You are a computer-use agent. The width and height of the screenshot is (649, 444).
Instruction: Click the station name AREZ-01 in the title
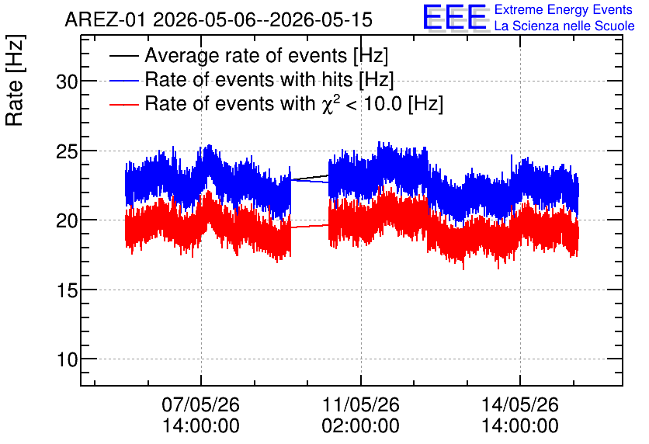click(x=106, y=20)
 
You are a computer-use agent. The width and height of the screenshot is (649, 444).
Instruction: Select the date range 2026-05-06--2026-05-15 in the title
click(x=263, y=20)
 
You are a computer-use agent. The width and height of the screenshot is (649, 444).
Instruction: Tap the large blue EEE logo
click(x=455, y=17)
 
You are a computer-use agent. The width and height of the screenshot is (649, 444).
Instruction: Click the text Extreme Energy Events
click(x=564, y=9)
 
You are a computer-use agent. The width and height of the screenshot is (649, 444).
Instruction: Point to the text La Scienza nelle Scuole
click(x=564, y=26)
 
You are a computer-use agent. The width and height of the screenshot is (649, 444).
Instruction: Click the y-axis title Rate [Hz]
click(x=15, y=80)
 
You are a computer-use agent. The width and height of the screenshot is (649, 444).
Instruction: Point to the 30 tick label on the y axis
click(x=67, y=82)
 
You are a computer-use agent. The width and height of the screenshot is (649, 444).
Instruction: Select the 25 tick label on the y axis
click(x=67, y=152)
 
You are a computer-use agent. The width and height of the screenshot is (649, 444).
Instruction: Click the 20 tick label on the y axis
click(x=67, y=221)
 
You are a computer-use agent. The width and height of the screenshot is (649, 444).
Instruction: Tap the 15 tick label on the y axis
click(x=67, y=291)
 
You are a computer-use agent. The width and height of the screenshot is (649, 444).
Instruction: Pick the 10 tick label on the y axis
click(x=67, y=360)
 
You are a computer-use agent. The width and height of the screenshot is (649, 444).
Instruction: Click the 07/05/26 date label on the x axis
click(x=201, y=404)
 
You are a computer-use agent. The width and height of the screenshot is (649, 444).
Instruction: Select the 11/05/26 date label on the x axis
click(x=360, y=404)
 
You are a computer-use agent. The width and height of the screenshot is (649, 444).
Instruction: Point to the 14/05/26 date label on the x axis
click(x=520, y=404)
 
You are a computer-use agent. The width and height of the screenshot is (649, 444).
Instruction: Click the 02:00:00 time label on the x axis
click(x=360, y=426)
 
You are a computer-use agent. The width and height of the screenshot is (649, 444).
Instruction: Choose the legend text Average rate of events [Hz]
click(x=266, y=56)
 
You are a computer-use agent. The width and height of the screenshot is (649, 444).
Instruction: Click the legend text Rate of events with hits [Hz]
click(x=269, y=79)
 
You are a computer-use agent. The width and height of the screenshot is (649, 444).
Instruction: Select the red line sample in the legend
click(x=123, y=104)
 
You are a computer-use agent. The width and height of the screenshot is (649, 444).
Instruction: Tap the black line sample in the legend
click(x=123, y=56)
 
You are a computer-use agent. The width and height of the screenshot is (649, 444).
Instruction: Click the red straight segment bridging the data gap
click(x=310, y=226)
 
